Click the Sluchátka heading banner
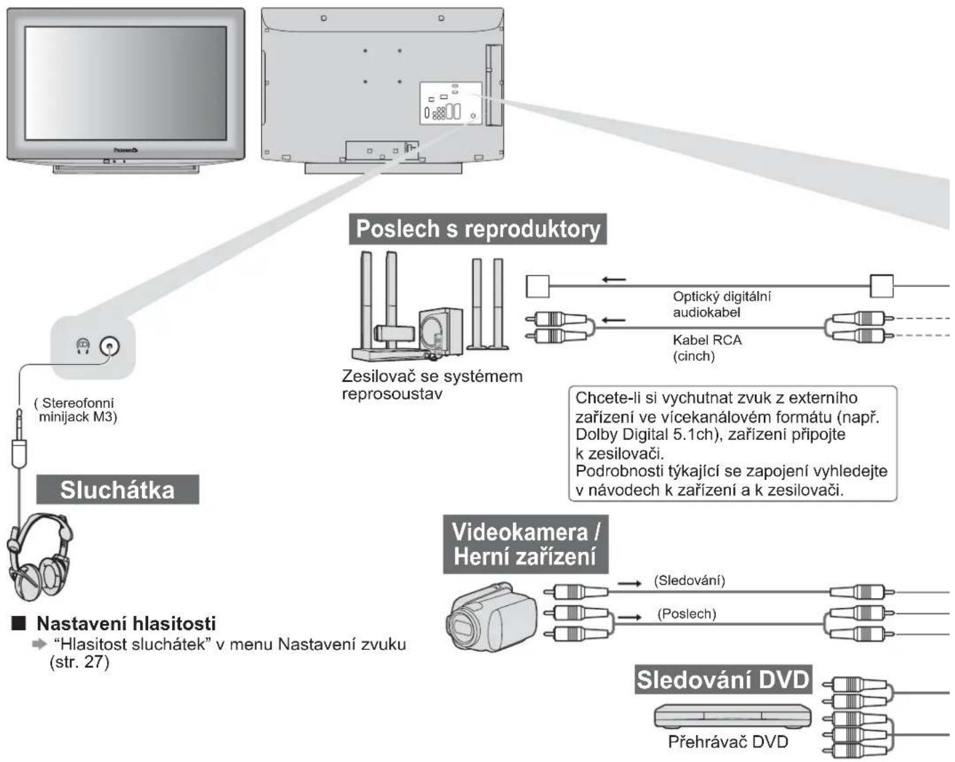(x=117, y=489)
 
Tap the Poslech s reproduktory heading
(x=477, y=229)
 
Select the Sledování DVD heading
(x=724, y=679)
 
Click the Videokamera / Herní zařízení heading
(x=526, y=544)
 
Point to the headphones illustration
(x=40, y=557)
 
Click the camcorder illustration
(x=492, y=617)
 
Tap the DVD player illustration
(x=732, y=716)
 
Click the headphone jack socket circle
(x=109, y=346)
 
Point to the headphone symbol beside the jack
(x=83, y=346)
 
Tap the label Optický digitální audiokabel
(x=722, y=305)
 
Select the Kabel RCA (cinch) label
(x=707, y=348)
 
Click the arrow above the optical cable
(x=614, y=279)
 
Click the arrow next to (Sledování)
(x=630, y=583)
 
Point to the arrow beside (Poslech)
(x=630, y=617)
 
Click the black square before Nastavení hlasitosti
(x=19, y=624)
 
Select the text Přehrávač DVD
(x=728, y=741)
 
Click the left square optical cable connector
(x=538, y=286)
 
